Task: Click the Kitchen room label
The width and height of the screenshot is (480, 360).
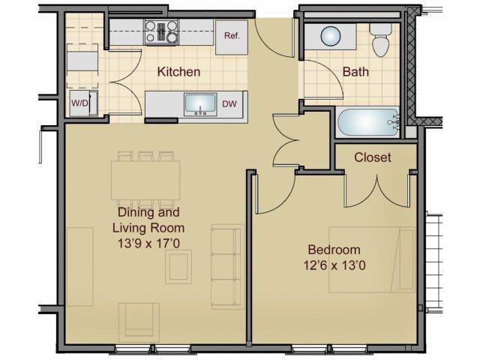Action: pos(178,73)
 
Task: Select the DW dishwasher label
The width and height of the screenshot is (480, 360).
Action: pos(229,104)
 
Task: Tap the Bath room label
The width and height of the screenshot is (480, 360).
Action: pos(355,73)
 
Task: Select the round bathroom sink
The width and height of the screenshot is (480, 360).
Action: pos(331,35)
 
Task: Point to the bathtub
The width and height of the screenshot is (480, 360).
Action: pos(368,122)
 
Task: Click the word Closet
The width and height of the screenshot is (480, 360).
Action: pos(373,157)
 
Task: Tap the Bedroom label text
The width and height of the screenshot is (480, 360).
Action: pos(334,250)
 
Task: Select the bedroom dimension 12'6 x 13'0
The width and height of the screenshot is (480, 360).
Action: pos(334,265)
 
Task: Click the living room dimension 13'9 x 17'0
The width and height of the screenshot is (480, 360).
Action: pos(148,242)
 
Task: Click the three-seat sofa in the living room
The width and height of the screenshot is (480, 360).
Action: pos(223,265)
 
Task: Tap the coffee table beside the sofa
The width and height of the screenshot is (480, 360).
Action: pos(178,266)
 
